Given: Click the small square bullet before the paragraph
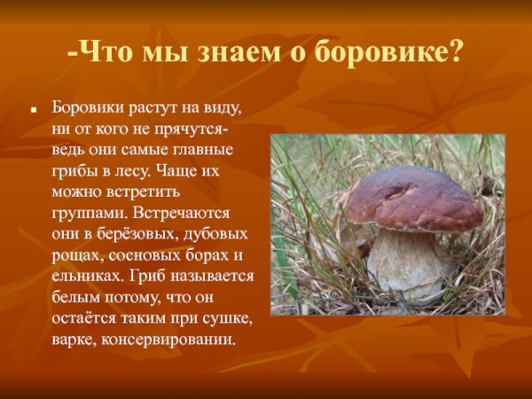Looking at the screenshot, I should (33, 114).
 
